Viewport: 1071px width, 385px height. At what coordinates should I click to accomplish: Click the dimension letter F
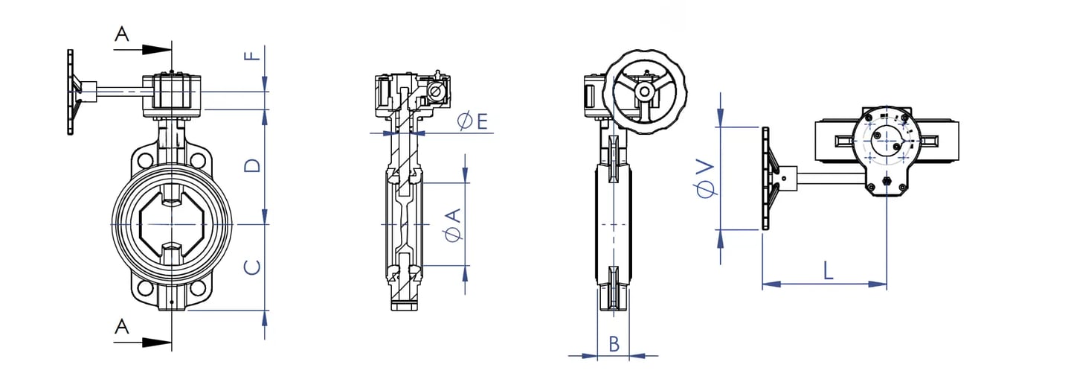[x=252, y=54]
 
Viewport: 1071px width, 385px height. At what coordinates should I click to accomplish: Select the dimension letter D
[x=252, y=165]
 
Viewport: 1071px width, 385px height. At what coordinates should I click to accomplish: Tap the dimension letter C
[x=252, y=267]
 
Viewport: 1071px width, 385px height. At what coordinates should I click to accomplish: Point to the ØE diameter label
[x=472, y=121]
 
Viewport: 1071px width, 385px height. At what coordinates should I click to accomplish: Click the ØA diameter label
[x=453, y=225]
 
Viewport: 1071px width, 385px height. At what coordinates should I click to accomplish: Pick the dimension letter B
[x=614, y=344]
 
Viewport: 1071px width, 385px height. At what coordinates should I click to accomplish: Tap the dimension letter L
[x=828, y=270]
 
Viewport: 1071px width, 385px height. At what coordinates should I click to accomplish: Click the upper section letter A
[x=123, y=34]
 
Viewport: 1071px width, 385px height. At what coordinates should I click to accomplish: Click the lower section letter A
[x=123, y=327]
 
